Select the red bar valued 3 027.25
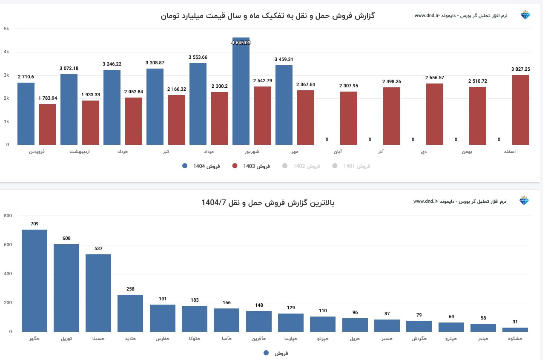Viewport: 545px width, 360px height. coord(520,110)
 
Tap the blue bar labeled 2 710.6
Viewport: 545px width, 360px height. coord(26,114)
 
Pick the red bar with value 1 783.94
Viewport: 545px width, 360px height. coord(48,124)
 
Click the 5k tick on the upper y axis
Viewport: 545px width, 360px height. coord(6,29)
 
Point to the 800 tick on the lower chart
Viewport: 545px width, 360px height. coord(8,216)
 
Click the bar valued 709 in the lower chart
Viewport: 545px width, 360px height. coord(34,281)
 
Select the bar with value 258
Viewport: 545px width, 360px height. coord(130,313)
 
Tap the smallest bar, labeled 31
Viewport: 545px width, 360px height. coord(515,330)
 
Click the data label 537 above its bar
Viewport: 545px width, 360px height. coord(98,248)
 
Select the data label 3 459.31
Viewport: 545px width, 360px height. coord(284,59)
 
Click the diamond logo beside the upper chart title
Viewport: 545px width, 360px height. coord(525,15)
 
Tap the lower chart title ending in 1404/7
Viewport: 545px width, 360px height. coord(268,203)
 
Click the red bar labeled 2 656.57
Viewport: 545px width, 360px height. coord(434,114)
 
